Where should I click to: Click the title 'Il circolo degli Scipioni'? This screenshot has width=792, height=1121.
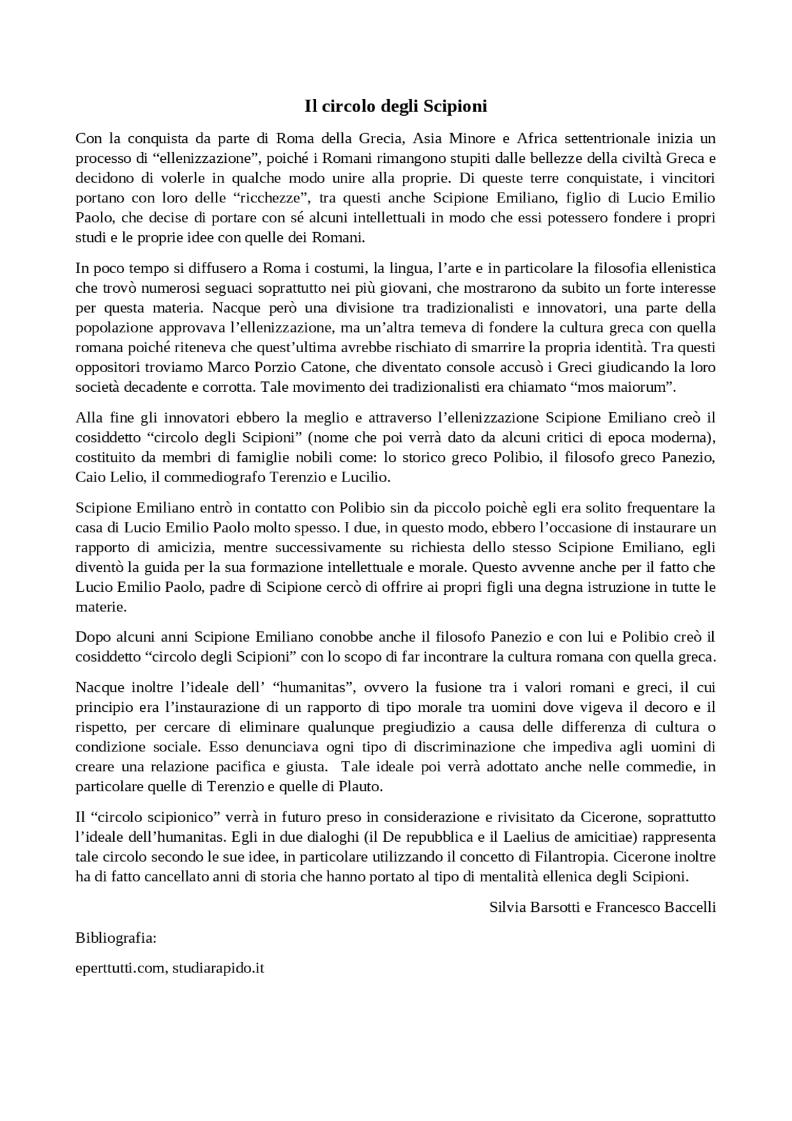click(395, 106)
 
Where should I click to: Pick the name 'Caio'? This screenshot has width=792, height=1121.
click(89, 477)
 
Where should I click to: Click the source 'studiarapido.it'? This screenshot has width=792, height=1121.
click(218, 968)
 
